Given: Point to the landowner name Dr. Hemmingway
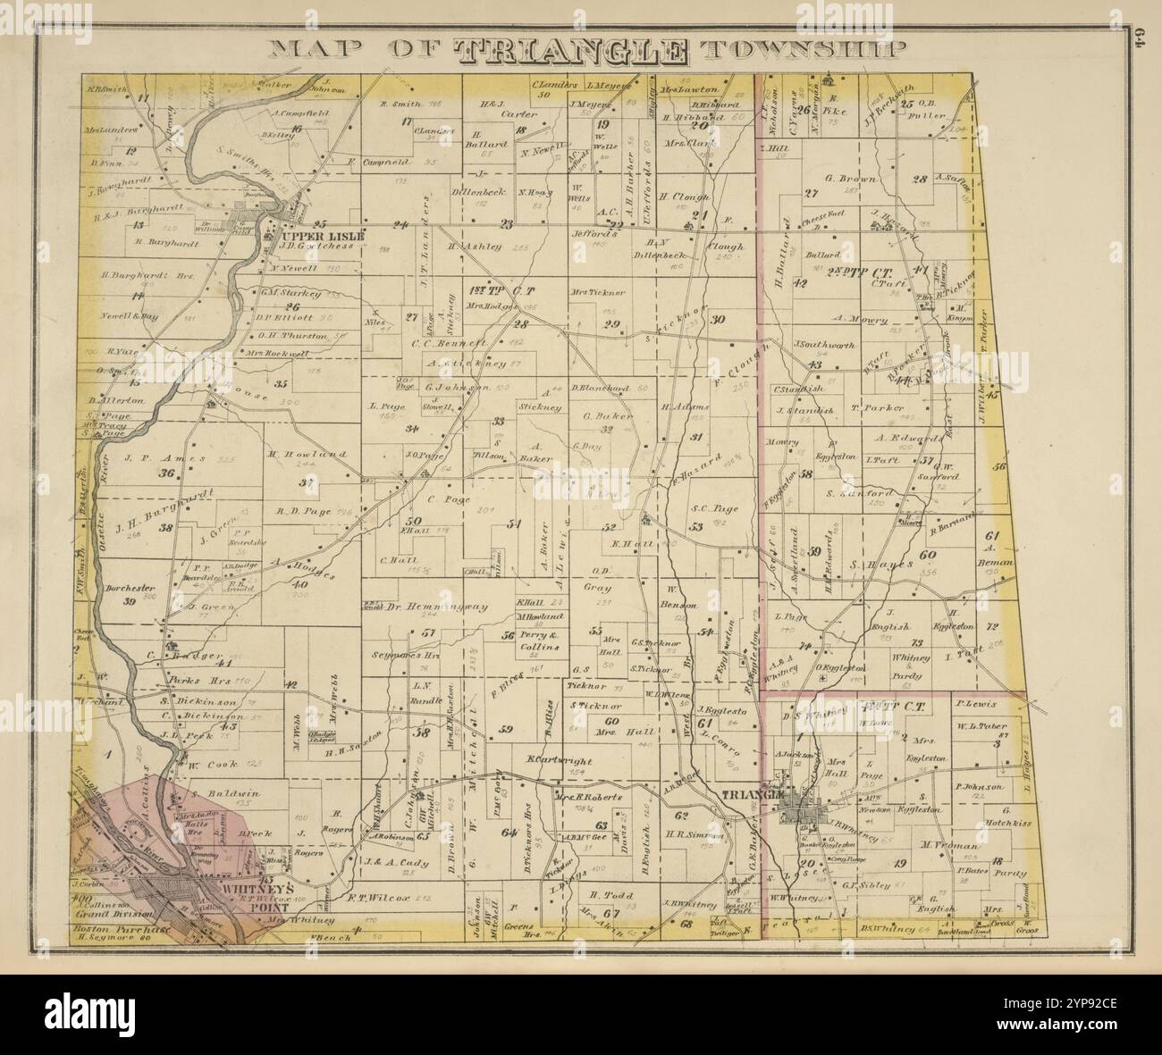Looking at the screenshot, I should coord(437,607).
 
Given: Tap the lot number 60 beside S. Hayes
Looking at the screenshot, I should coord(928,555).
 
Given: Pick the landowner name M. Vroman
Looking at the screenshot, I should coord(953,845).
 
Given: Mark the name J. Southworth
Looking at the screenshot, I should coord(824,345).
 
